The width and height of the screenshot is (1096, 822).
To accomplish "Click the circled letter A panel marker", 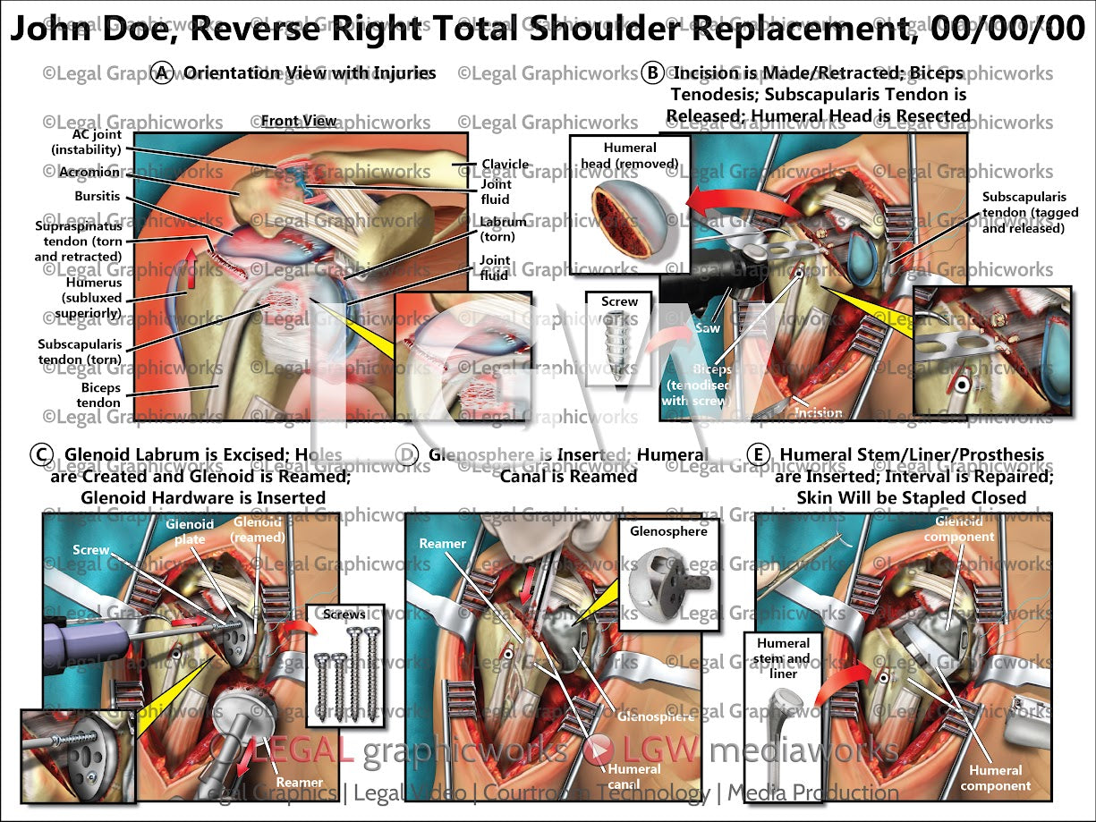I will coord(162,73).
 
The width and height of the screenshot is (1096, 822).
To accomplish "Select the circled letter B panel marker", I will coord(653,73).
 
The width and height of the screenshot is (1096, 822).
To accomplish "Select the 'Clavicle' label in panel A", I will coord(506,165).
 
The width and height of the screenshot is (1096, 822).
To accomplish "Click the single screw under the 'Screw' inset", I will coord(619,342).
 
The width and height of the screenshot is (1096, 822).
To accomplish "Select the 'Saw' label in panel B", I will coord(706,328).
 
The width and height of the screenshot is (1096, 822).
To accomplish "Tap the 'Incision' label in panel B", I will coord(818,412).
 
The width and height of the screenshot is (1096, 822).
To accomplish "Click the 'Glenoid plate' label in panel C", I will coord(189,531).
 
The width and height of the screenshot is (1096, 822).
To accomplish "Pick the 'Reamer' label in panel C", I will coord(300,782).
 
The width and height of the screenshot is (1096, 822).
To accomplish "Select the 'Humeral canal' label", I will coord(634,775).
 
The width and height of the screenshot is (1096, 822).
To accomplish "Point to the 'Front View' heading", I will coord(299,121).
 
